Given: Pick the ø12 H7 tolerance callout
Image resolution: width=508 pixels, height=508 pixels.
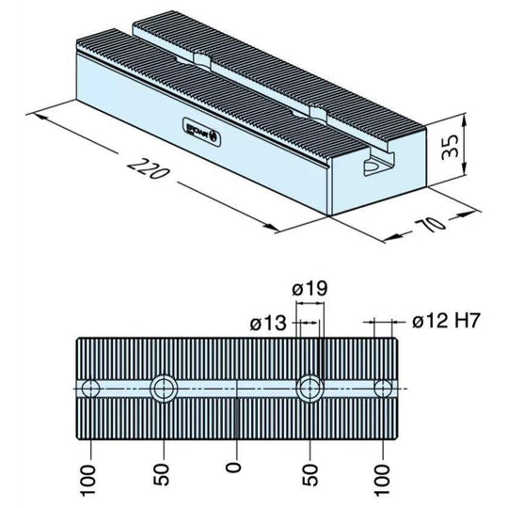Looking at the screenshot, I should (447, 323).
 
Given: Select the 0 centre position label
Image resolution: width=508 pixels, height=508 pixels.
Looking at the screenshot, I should (235, 464).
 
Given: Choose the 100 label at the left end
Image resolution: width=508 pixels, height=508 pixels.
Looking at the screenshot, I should (88, 475).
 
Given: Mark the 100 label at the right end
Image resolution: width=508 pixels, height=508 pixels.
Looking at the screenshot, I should (383, 475).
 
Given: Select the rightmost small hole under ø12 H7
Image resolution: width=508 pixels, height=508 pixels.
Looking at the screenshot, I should (383, 388).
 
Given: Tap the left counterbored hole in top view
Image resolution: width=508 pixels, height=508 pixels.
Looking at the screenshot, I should (163, 388).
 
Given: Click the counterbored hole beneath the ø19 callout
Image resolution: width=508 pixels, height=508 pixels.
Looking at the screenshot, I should (310, 388).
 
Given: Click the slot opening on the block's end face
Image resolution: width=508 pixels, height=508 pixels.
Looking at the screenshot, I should (373, 167).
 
